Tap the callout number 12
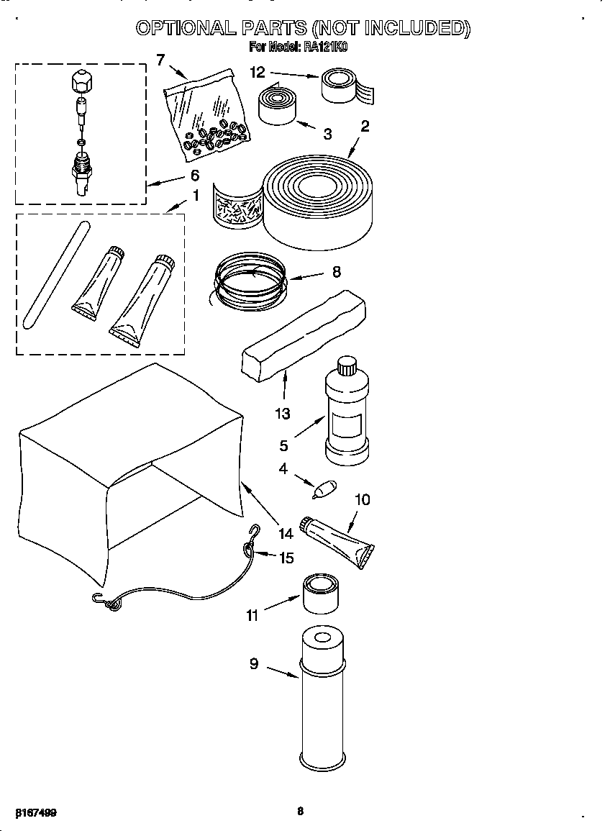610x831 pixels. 258,71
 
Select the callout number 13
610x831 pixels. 283,413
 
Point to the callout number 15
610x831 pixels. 286,557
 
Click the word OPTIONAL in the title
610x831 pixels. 185,28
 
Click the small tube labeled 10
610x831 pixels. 338,540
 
